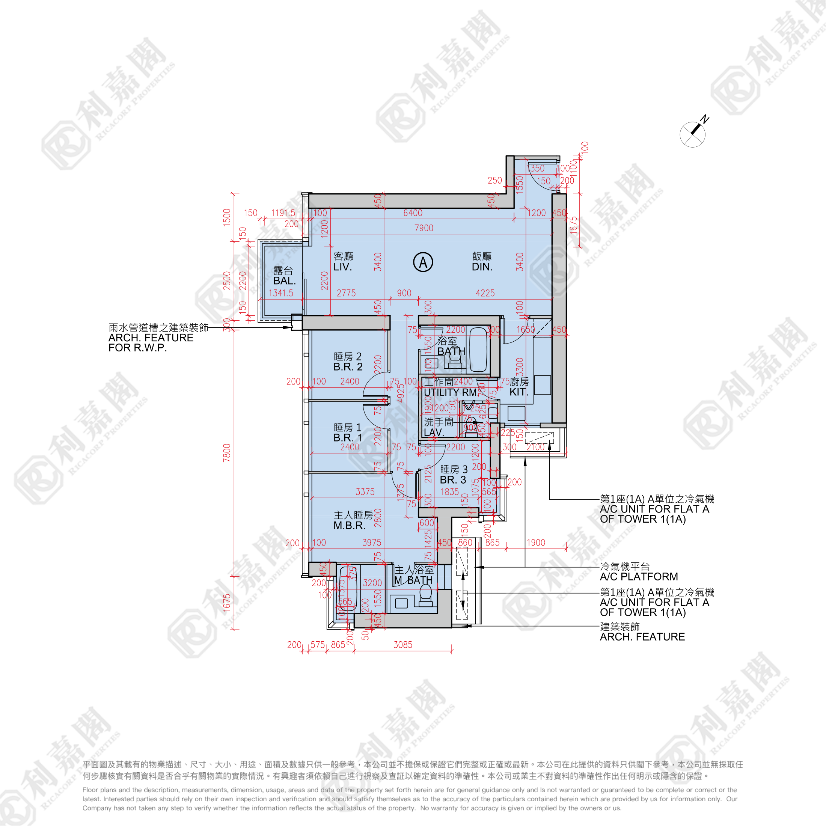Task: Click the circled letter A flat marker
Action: coord(423,262)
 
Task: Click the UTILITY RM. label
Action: coord(450,392)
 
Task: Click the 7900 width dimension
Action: coord(424,228)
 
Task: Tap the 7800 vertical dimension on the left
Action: coord(227,452)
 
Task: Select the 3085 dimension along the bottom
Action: coord(403,645)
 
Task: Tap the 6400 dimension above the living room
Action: coord(413,213)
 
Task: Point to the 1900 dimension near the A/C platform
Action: coord(536,543)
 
